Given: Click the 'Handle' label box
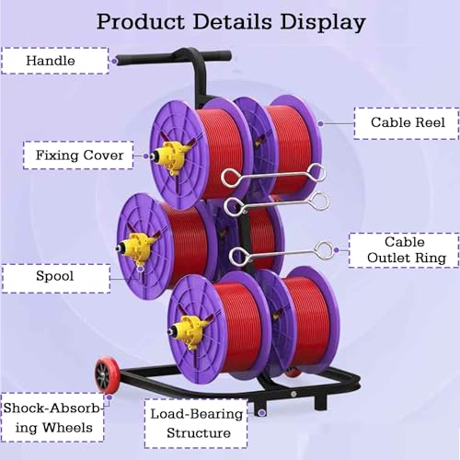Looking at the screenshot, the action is pos(55,61).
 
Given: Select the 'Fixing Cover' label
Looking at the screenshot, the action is pos(78,155).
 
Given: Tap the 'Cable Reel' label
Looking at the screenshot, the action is pos(407,123).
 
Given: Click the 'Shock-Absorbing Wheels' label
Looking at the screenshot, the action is pos(52,418).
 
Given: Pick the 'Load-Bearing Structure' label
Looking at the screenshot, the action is pos(196,423).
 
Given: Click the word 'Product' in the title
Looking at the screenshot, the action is pos(141,22).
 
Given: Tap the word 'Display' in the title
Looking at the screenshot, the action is pos(323,23).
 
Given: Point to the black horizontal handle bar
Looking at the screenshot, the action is pos(173,57).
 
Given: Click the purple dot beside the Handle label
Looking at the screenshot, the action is pos(114,62).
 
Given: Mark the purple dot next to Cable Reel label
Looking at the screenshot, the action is pos(321,123).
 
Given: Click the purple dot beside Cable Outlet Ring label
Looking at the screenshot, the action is pos(336,250).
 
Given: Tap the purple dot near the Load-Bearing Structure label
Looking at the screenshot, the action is pos(261,413).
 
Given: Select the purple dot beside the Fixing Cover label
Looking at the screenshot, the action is pos(146,156).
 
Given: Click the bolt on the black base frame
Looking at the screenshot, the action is pos(293,394).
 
